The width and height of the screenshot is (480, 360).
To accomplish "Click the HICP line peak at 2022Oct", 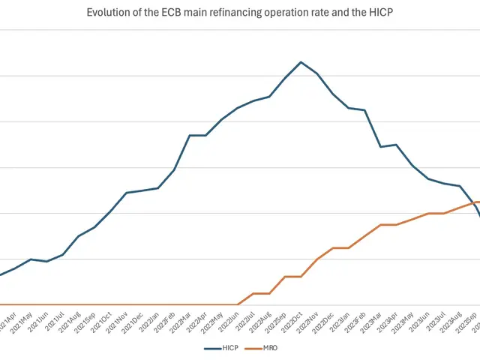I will (301, 62).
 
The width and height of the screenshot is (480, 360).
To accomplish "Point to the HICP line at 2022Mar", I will (190, 135).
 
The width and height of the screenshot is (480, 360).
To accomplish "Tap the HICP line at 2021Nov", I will (126, 193).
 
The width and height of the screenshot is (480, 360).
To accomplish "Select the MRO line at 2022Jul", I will (253, 293).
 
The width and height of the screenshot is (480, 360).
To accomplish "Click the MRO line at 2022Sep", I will (285, 277).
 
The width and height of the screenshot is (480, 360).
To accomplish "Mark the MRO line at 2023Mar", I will (381, 224).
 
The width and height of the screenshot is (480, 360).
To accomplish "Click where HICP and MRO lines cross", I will (472, 202).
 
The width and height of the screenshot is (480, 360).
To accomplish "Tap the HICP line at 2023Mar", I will (381, 147).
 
